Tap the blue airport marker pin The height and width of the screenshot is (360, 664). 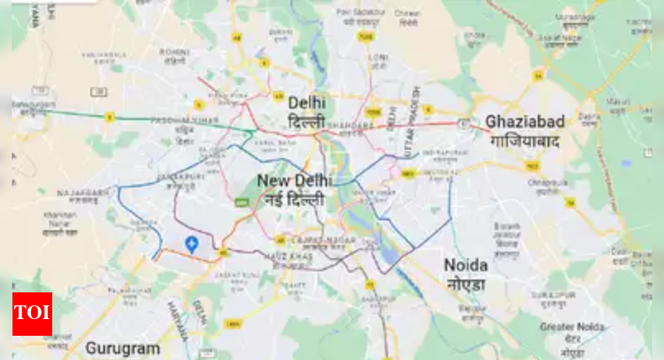click(x=191, y=245)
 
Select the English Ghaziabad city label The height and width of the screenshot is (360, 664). click(x=525, y=122)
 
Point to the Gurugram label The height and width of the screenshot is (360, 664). click(x=122, y=348)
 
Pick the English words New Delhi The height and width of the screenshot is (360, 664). click(x=294, y=181)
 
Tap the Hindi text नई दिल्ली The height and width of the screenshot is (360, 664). click(x=296, y=200)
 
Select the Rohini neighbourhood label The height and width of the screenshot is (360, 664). click(x=175, y=52)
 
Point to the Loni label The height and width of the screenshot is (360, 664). click(x=378, y=57)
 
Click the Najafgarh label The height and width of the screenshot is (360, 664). click(x=82, y=193)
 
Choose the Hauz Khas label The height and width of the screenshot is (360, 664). click(x=287, y=257)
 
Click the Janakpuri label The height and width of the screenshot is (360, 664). click(x=172, y=176)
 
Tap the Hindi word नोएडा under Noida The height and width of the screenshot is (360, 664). click(x=465, y=285)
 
